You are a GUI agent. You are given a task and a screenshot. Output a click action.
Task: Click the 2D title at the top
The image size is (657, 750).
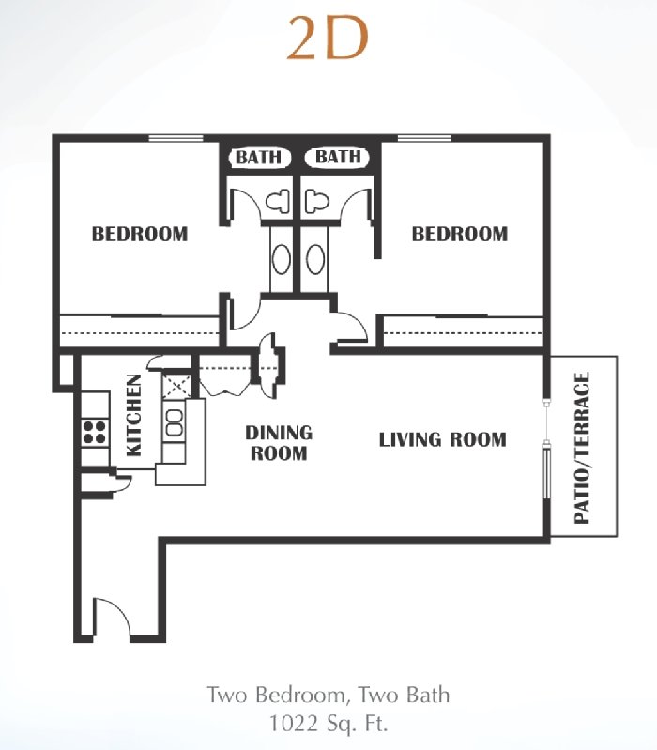(x=328, y=39)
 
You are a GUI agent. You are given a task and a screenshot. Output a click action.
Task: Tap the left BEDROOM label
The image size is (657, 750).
(x=140, y=234)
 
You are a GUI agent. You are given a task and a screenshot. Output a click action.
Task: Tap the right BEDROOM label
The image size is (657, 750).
(x=460, y=234)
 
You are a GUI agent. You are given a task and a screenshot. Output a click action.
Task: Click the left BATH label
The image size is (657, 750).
(x=259, y=157)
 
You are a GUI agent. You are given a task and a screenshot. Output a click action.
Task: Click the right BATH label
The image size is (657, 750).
(x=338, y=157)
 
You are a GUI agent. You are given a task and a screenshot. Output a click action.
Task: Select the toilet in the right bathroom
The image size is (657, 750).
(x=316, y=201)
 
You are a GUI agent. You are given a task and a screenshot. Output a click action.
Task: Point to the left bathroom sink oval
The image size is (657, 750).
(x=282, y=259)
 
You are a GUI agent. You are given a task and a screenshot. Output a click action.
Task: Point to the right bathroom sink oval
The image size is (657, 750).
(x=315, y=259)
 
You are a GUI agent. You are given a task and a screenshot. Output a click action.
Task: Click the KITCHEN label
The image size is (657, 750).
(x=134, y=415)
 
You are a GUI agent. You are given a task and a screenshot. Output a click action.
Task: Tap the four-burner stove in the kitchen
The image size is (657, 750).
(x=94, y=432)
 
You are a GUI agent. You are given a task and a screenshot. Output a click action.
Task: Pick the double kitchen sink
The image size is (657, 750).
(x=174, y=422)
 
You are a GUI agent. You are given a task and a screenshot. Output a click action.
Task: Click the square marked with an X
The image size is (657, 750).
(x=177, y=387)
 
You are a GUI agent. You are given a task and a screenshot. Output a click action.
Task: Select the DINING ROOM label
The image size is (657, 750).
(x=279, y=443)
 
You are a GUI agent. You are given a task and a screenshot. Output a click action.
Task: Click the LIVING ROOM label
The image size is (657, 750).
(x=443, y=439)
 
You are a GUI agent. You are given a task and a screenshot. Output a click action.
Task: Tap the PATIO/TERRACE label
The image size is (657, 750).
(x=582, y=448)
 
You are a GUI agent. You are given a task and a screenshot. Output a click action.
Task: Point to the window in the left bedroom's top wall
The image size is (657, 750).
(x=176, y=138)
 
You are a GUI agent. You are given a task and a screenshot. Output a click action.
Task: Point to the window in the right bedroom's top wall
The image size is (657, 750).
(x=424, y=138)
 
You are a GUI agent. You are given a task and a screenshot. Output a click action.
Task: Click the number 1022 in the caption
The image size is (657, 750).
(x=294, y=723)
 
